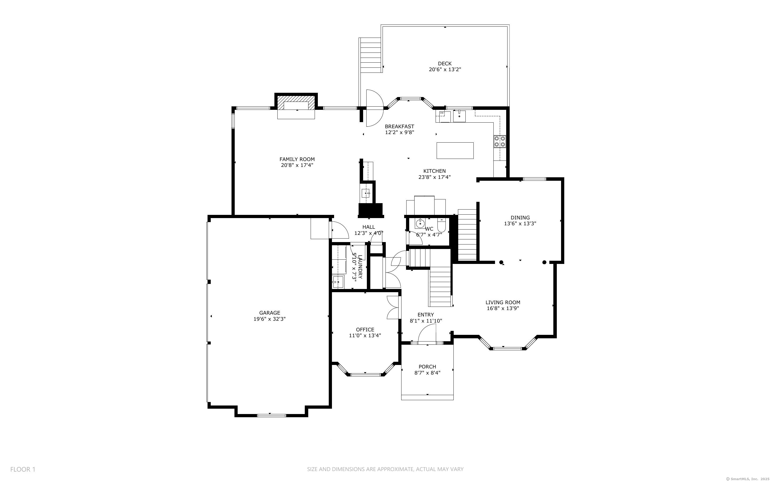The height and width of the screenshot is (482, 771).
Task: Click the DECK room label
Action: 445,64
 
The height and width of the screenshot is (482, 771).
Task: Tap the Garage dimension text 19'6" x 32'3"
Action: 269,319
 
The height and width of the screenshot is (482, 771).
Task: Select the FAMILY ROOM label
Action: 297,159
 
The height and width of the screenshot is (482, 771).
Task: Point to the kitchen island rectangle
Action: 455,150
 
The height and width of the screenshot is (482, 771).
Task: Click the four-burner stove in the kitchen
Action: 500,142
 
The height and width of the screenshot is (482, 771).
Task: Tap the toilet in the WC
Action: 441,225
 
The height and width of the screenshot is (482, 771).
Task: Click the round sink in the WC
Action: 420,224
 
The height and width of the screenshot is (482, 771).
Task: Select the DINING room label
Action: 520,218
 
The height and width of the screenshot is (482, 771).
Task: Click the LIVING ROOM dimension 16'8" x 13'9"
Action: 503,308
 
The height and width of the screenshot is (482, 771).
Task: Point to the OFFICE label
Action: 365,330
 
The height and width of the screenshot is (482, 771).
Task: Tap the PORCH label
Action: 427,367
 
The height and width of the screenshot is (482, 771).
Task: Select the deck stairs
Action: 371,55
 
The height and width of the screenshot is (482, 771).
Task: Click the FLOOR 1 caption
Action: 23,469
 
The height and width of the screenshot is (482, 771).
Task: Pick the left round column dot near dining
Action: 501,262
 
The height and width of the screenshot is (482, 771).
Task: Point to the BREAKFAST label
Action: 399,127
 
